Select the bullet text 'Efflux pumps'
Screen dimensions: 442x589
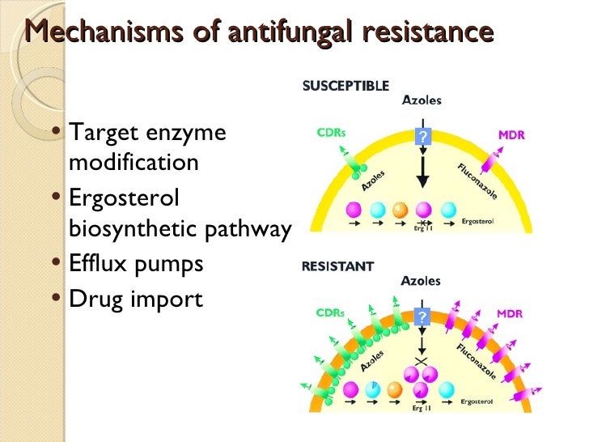136,265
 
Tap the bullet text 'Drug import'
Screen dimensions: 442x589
136,299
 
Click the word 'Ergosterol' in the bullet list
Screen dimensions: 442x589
125,198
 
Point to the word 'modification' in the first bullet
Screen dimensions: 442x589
133,163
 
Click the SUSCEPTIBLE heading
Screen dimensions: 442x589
345,85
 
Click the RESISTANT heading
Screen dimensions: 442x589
337,266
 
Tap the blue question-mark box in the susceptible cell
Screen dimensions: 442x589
422,138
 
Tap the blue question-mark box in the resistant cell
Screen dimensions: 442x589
422,317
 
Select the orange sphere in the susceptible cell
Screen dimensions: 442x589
398,210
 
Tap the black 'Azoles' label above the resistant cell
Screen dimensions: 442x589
422,281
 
